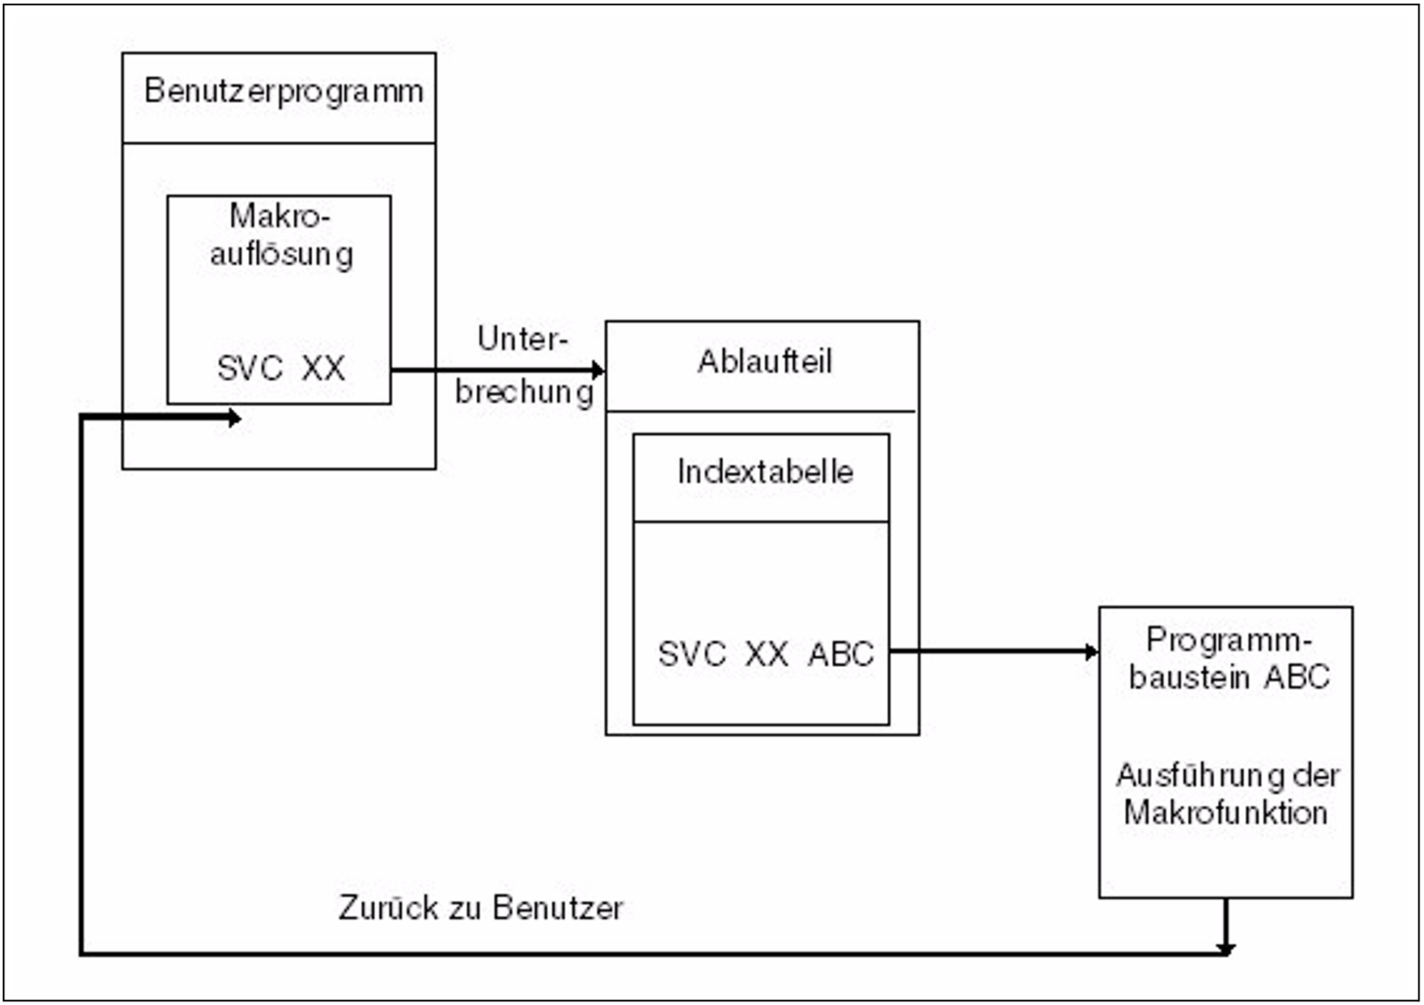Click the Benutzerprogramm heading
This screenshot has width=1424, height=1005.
283,92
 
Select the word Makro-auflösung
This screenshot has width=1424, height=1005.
281,235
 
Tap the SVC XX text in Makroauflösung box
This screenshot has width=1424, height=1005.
281,368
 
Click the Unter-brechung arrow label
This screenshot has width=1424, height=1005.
523,366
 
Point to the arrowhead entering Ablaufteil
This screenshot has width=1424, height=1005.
598,371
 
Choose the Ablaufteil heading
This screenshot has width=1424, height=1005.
764,361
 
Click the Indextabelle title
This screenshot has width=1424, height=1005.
765,472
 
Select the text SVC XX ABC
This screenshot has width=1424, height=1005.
766,654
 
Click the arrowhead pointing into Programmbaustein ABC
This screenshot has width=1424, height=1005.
1091,652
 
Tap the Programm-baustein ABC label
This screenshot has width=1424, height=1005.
1229,658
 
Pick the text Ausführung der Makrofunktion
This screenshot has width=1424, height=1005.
1226,794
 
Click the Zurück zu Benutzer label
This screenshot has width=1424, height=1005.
480,908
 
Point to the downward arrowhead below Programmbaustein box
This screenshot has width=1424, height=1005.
1226,947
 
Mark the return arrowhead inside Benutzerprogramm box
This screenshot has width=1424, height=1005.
234,418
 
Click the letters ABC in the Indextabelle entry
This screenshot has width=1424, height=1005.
842,654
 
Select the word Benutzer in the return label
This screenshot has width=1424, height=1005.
558,908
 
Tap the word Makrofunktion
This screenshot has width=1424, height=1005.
1226,813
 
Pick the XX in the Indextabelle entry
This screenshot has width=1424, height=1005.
766,654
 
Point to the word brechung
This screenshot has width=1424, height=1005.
524,392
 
